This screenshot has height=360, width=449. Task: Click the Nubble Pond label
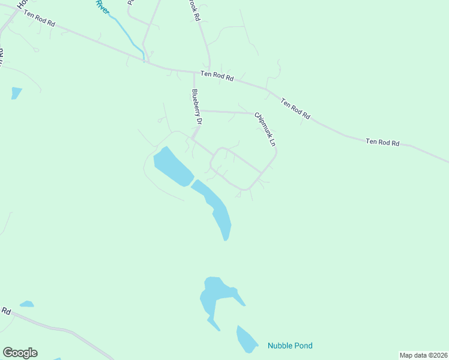[290, 346]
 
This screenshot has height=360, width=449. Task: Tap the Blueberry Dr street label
[196, 107]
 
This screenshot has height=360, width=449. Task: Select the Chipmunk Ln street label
[265, 130]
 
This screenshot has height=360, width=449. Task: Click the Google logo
[20, 353]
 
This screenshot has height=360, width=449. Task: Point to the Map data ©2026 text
[424, 355]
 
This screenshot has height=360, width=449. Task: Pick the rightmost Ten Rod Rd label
[382, 142]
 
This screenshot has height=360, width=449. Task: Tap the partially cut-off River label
[101, 7]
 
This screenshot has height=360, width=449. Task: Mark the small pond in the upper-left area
[16, 92]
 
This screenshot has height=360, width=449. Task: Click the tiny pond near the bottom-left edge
[26, 304]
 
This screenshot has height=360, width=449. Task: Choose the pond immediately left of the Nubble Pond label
[246, 340]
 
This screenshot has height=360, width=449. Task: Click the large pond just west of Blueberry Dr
[172, 166]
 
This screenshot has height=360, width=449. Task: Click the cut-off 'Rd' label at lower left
[6, 311]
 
